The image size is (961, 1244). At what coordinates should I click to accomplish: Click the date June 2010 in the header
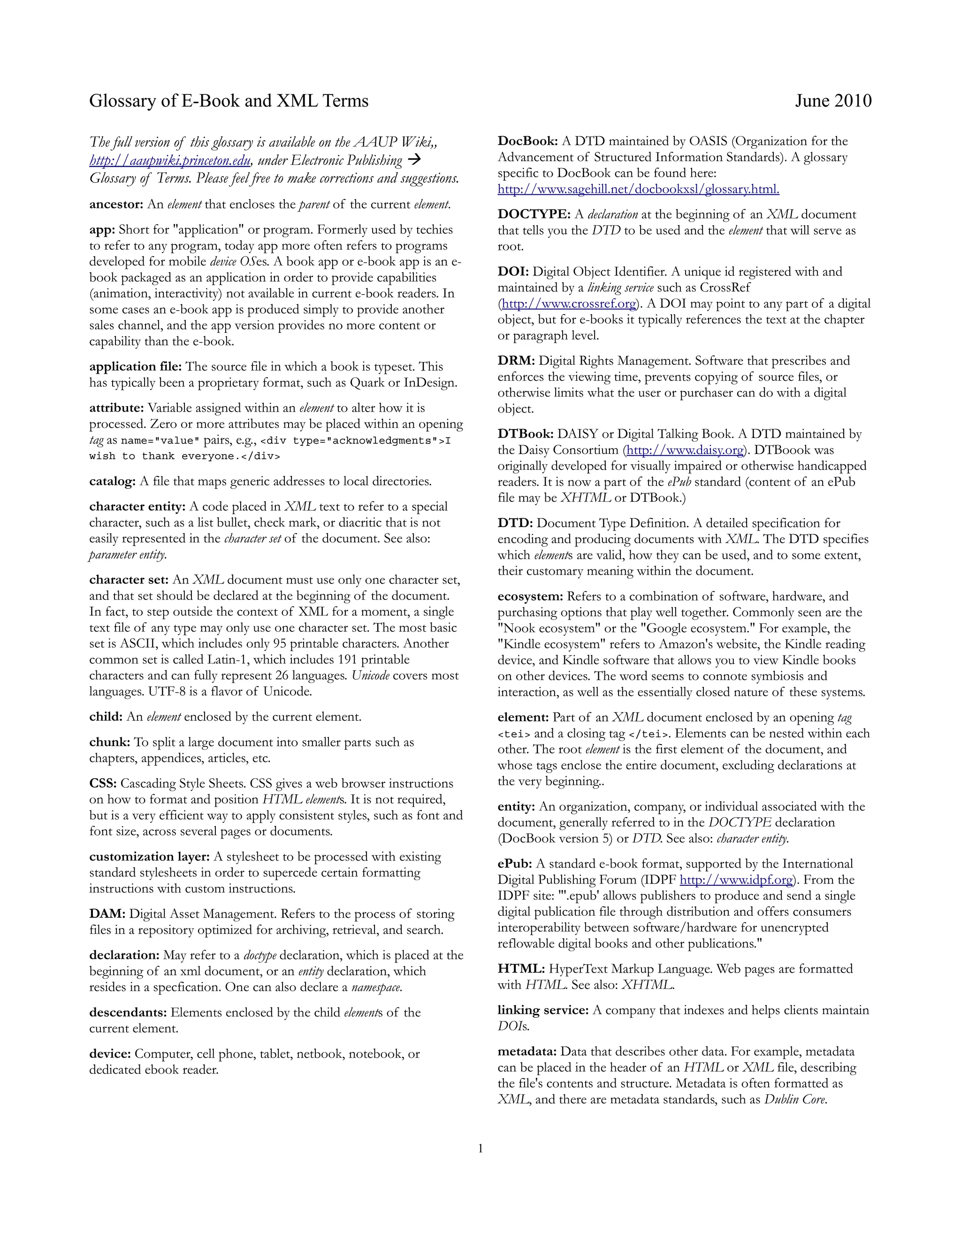tap(833, 101)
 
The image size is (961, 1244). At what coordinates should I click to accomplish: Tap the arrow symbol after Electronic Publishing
tap(414, 160)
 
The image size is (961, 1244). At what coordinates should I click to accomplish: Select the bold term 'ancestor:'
tap(116, 205)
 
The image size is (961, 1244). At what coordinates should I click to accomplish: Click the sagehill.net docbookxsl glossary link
tap(638, 189)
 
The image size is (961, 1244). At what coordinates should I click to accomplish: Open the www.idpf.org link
tap(736, 880)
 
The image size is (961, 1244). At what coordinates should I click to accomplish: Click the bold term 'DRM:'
tap(516, 361)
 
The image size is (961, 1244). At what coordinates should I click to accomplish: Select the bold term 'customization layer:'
tap(149, 857)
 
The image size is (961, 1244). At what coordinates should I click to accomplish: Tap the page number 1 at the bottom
tap(480, 1148)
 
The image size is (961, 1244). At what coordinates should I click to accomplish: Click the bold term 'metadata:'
tap(527, 1052)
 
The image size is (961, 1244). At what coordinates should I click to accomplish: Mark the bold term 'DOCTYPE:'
tap(534, 215)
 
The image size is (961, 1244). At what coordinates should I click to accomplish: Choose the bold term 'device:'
tap(110, 1054)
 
